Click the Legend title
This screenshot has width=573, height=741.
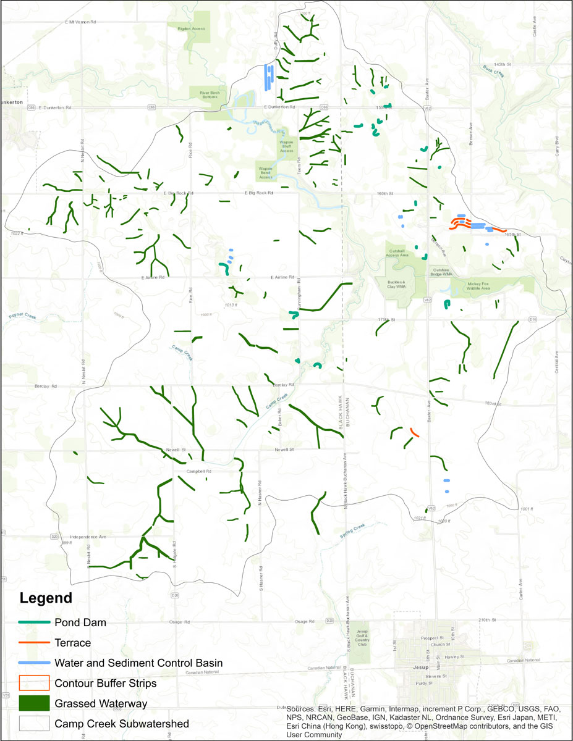(x=46, y=598)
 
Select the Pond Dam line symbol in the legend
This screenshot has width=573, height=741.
(x=33, y=622)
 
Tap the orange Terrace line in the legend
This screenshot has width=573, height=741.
(x=33, y=643)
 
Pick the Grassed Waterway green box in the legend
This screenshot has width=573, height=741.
(x=33, y=703)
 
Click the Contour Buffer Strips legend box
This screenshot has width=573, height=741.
(x=33, y=683)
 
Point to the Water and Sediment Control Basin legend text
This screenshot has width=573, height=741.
(x=138, y=663)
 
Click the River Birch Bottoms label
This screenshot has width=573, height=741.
(x=210, y=94)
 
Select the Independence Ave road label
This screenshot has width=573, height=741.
(x=88, y=537)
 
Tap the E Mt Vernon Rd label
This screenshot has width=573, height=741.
(x=81, y=22)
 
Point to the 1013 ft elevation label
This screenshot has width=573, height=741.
(x=231, y=304)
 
